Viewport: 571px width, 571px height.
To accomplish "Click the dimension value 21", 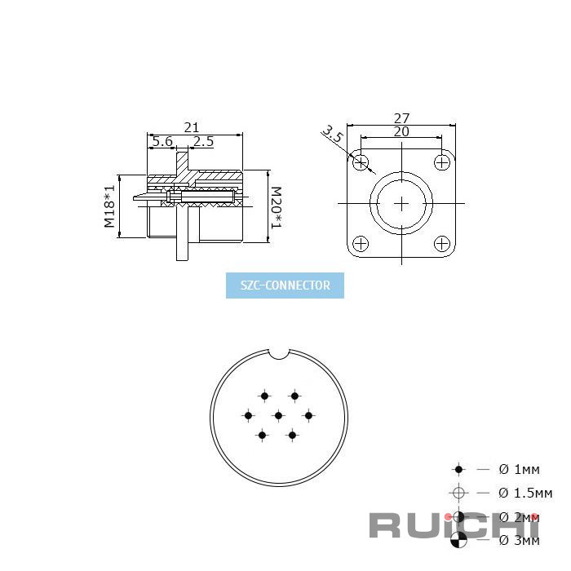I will [x=192, y=126].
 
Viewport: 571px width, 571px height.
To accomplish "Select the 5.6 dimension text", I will [x=162, y=141].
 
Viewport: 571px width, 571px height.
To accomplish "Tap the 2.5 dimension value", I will [x=203, y=141].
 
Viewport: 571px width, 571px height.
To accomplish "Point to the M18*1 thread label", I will [x=109, y=206].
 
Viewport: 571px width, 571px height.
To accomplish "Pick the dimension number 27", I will [x=401, y=119].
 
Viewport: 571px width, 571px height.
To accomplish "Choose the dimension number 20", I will [x=401, y=131].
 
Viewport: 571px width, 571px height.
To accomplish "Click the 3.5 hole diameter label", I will [x=332, y=135].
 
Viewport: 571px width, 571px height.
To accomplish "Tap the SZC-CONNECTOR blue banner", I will [x=285, y=285].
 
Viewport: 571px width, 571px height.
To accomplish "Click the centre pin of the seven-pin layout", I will [x=278, y=415].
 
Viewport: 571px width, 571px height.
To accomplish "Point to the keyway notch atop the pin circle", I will [x=279, y=354].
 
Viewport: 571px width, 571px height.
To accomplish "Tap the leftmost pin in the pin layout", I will [x=249, y=415].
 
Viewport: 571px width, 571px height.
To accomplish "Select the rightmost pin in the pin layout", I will [x=308, y=415].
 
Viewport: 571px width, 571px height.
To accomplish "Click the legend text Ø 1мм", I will [x=519, y=469].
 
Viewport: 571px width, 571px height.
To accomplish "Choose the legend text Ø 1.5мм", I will [x=525, y=493].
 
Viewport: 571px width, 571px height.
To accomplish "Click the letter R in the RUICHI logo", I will [x=387, y=525].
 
